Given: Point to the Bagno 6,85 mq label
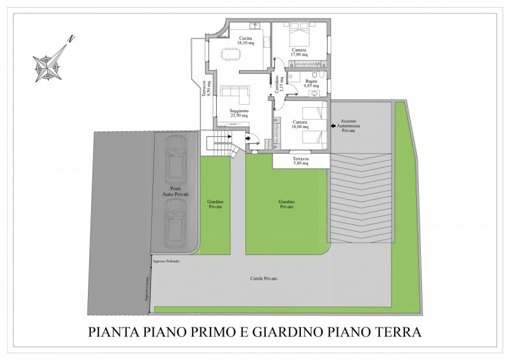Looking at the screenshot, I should [x=311, y=83].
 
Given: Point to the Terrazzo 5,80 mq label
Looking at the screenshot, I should [x=301, y=161].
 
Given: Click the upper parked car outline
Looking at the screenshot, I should [x=174, y=160].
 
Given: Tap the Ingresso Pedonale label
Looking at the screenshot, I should [x=166, y=262].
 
